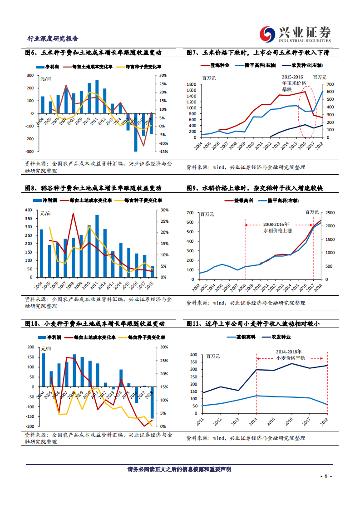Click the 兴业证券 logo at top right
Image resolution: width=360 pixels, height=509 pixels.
point(296,34)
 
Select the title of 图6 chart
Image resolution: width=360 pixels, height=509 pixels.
point(93,53)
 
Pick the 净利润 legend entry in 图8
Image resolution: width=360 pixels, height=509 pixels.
point(48,200)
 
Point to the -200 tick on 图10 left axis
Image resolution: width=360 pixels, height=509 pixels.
point(31,426)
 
